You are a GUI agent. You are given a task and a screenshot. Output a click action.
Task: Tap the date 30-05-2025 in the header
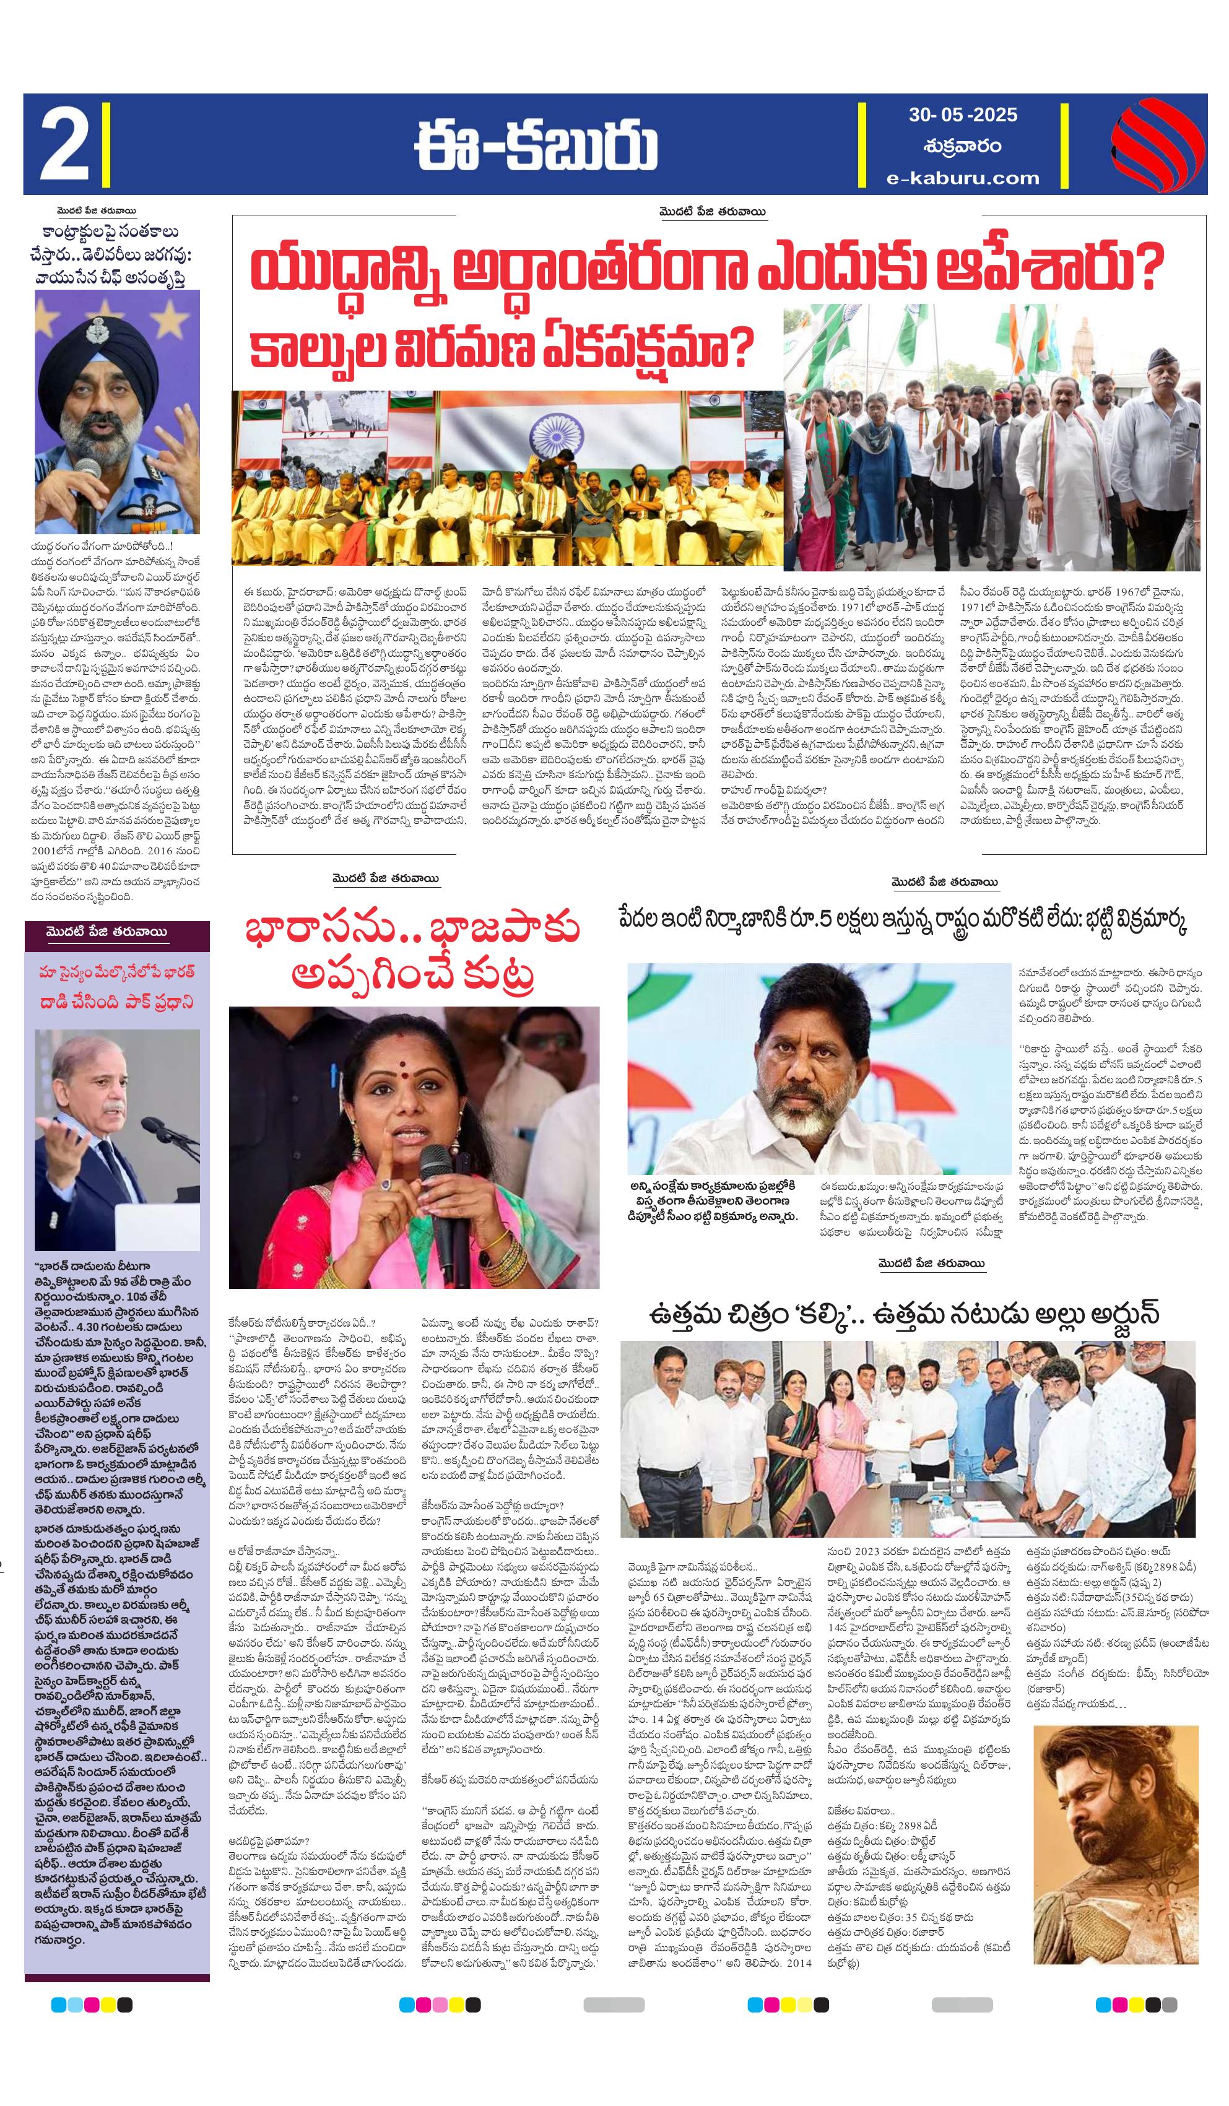962,114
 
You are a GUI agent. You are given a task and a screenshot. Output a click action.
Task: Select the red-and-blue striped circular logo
1157,144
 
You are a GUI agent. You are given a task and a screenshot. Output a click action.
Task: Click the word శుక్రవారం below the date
962,145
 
